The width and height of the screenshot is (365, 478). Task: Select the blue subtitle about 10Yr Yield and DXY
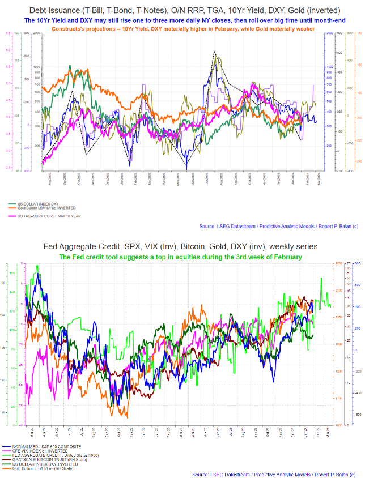pos(182,20)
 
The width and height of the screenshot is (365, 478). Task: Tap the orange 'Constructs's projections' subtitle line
pos(182,28)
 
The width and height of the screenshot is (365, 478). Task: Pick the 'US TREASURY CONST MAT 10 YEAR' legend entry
pos(48,216)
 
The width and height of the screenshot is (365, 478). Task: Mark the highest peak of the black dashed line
pos(214,52)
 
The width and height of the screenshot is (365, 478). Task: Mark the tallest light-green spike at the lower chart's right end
pos(321,278)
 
